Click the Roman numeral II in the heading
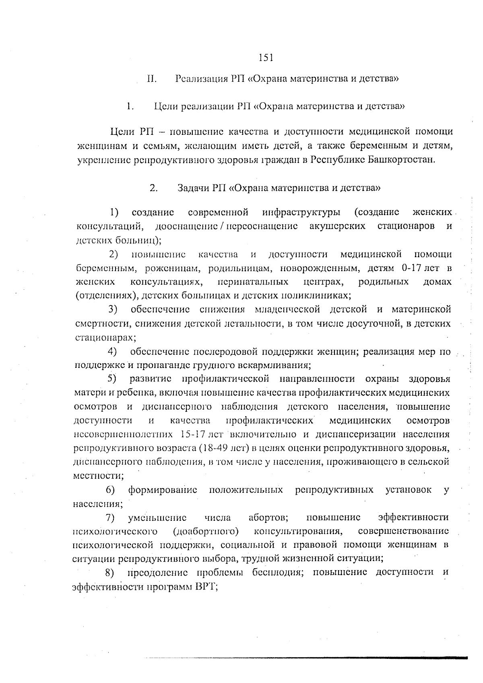click(x=151, y=79)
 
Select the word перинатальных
click(x=253, y=282)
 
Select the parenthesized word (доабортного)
click(x=206, y=531)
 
